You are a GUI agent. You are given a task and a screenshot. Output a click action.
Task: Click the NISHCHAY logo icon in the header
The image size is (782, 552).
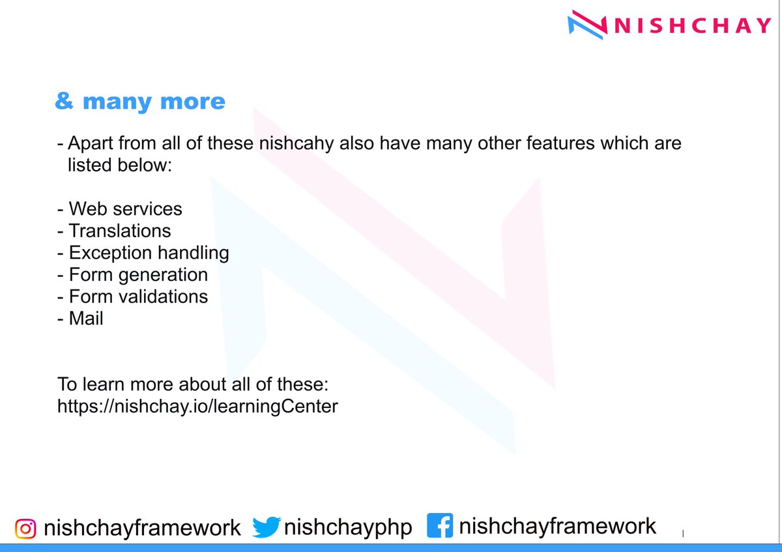(588, 25)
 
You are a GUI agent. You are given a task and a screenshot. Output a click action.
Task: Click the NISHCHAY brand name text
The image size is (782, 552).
(693, 26)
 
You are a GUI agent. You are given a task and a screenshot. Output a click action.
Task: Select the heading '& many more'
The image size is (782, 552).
(140, 102)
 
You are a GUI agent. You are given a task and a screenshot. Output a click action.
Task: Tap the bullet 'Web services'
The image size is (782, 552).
(125, 209)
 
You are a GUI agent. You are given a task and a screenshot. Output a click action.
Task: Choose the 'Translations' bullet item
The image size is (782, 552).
(120, 231)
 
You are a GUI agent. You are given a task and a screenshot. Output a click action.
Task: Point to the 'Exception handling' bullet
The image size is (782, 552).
(149, 252)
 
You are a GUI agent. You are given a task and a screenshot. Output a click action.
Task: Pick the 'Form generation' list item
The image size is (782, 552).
(138, 274)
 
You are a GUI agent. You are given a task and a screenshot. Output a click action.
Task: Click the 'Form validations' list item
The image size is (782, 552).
(138, 297)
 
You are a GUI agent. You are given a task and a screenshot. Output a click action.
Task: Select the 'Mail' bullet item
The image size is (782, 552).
(86, 319)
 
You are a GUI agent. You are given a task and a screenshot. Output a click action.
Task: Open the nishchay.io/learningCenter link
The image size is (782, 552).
(198, 407)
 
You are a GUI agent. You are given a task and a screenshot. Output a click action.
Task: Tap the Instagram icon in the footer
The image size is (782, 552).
(25, 528)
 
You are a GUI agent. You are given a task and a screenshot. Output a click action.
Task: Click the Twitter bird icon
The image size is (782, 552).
(266, 527)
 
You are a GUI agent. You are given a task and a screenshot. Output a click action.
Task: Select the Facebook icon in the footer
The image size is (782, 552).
(440, 526)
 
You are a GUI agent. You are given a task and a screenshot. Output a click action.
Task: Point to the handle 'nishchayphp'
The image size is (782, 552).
(348, 527)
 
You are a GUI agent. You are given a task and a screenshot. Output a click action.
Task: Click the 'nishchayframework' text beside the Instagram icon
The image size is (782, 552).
(142, 528)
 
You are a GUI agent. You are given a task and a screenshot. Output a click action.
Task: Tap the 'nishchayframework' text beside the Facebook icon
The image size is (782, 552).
(557, 526)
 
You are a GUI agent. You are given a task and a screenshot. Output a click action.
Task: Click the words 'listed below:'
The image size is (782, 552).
(119, 165)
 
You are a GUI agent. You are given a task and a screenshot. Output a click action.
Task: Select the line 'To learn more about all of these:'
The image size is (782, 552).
(196, 385)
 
